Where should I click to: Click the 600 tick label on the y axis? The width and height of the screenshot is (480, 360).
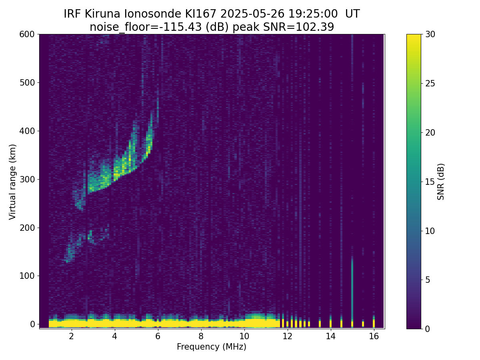click(27, 34)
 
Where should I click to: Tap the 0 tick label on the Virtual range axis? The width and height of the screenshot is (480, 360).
click(32, 324)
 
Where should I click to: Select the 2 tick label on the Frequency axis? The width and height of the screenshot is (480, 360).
click(71, 336)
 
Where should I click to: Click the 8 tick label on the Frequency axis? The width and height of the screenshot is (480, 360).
click(201, 336)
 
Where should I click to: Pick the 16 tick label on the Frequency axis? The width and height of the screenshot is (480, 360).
click(374, 336)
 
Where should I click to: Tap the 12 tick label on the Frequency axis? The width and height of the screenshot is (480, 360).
click(287, 336)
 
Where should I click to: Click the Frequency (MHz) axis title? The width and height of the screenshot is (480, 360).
click(212, 347)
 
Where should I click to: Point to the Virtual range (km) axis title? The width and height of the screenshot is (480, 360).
click(12, 182)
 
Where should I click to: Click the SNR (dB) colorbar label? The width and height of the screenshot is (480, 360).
click(441, 182)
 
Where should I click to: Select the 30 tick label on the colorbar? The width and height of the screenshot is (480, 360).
click(430, 34)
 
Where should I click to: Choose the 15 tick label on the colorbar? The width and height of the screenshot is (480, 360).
click(430, 182)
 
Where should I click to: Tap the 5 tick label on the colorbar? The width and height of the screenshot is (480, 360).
click(428, 280)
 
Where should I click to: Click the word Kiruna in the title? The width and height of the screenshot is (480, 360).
click(102, 14)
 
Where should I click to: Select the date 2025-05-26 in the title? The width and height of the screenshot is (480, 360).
click(252, 14)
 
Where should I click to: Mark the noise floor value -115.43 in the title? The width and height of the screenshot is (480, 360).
click(182, 27)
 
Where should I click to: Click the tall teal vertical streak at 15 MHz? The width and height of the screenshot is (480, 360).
click(352, 288)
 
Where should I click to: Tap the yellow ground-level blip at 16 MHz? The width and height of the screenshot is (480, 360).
click(374, 323)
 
